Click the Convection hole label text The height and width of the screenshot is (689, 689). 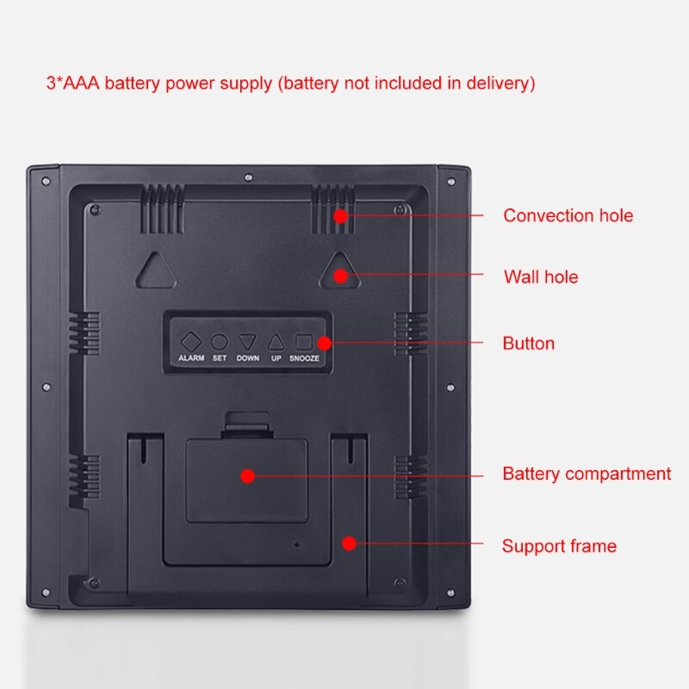[x=568, y=215]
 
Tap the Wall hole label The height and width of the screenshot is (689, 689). [x=541, y=276]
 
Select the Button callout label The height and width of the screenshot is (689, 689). [x=529, y=343]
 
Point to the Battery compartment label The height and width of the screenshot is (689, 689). [x=587, y=474]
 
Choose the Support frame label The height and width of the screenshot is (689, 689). [x=559, y=546]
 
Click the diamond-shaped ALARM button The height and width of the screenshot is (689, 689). [x=191, y=341]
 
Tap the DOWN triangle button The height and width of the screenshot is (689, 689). [x=247, y=341]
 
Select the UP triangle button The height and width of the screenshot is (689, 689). [x=276, y=342]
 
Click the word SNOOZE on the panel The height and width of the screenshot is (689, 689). [x=304, y=358]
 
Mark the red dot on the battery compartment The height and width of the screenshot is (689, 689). [x=248, y=475]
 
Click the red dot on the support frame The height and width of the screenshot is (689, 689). [x=349, y=543]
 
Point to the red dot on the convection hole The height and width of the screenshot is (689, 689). [x=340, y=216]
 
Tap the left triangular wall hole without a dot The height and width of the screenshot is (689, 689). [x=156, y=270]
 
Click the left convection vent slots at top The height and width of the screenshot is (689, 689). [x=162, y=208]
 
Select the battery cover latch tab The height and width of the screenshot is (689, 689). [x=246, y=421]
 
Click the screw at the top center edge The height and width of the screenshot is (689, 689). [x=248, y=177]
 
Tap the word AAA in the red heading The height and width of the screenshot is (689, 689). [x=81, y=83]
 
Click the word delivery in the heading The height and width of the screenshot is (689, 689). [x=501, y=83]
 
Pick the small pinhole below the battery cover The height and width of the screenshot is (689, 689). [x=296, y=544]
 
